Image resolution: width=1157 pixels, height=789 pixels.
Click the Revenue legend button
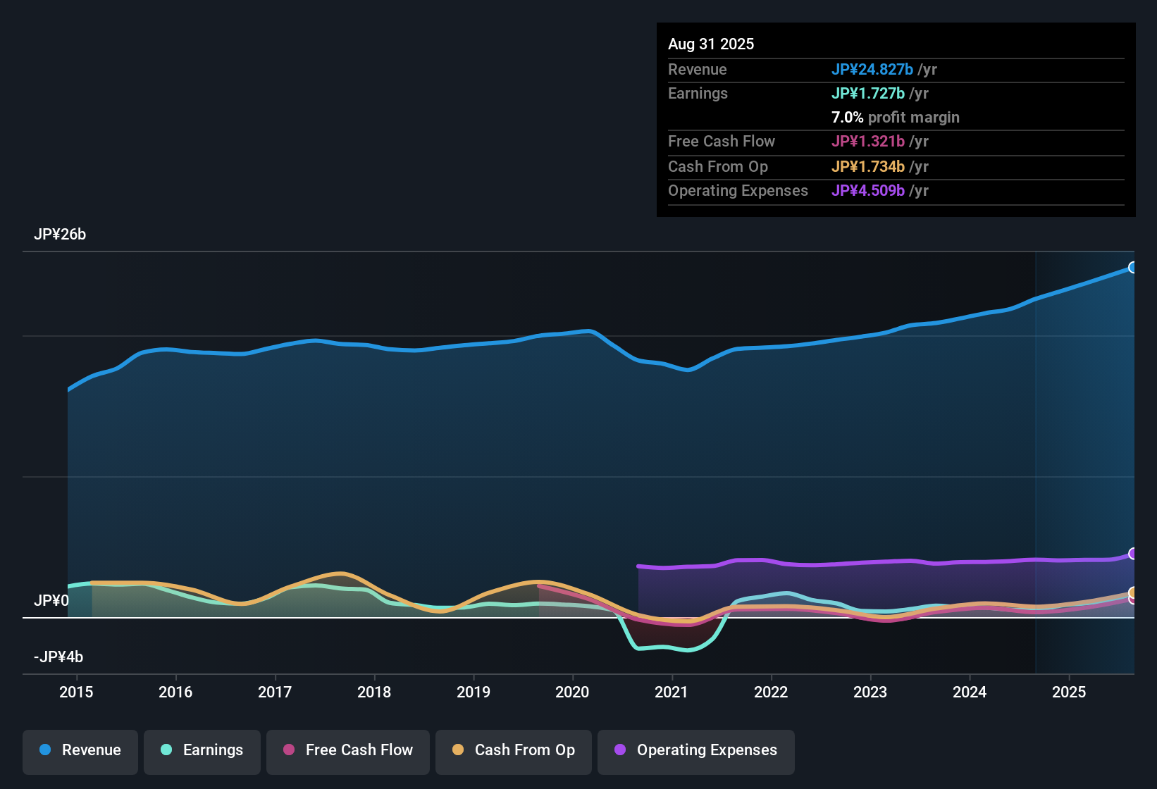[x=80, y=750]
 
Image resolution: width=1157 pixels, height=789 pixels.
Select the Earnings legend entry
[x=202, y=750]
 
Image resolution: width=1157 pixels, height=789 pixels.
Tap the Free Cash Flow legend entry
[x=348, y=750]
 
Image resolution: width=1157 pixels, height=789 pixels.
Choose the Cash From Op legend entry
[x=514, y=750]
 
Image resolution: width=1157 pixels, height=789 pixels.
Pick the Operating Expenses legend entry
[x=696, y=750]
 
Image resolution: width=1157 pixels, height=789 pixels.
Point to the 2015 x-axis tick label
[x=76, y=692]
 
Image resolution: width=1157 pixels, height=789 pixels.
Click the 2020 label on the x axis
[x=572, y=692]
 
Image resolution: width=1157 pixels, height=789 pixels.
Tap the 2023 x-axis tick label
[x=870, y=692]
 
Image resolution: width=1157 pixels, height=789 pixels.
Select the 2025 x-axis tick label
[x=1069, y=692]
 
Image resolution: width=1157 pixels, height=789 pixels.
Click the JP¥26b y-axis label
[x=60, y=235]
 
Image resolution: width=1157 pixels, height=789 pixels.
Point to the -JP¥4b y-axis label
[x=58, y=657]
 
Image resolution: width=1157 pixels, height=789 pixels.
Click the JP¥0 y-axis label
[x=51, y=601]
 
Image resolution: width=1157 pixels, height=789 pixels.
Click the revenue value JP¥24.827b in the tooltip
[x=872, y=69]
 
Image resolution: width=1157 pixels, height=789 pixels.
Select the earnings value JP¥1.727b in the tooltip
[x=868, y=94]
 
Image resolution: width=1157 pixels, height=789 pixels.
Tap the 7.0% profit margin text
[x=895, y=118]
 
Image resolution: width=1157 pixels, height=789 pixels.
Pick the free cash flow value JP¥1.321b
[x=868, y=142]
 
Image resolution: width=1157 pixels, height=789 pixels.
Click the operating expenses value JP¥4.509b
[x=868, y=191]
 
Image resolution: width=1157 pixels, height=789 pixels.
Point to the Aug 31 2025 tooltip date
[x=711, y=44]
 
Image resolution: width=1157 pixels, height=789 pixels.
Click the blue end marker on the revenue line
[x=1132, y=268]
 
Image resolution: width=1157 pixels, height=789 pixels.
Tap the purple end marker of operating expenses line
[x=1132, y=554]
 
